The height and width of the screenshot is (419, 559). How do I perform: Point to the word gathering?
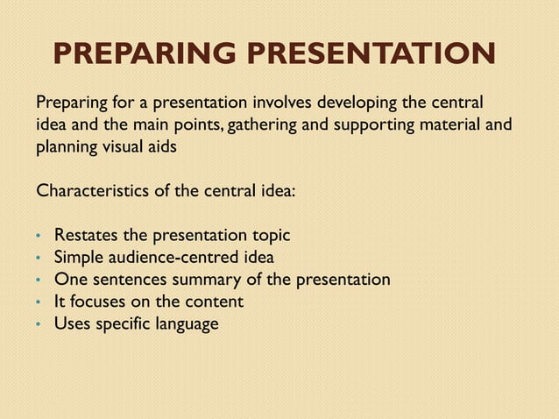click(258, 124)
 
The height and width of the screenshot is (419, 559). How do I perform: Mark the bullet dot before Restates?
click(38, 238)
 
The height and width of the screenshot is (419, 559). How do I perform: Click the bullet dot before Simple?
click(38, 259)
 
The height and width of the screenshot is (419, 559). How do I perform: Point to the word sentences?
click(126, 280)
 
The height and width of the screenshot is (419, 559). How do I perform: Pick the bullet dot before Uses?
click(38, 325)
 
